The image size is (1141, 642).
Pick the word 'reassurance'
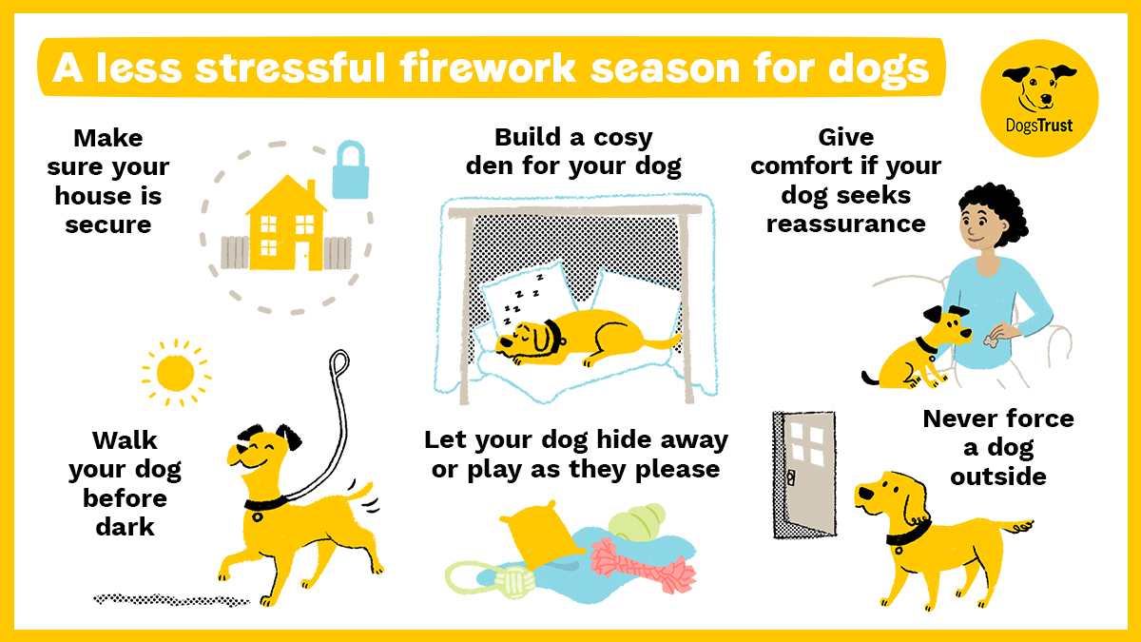[845, 224]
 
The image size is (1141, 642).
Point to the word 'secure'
[107, 225]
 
